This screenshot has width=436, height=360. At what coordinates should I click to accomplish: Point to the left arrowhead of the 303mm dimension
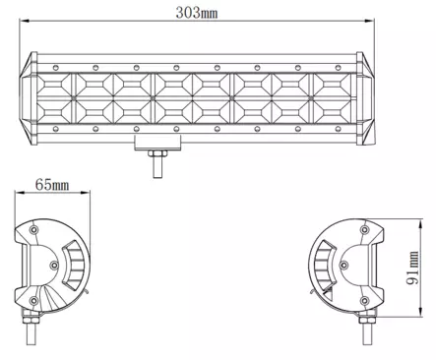click(25, 21)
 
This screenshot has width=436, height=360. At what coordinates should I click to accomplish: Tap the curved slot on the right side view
click(331, 264)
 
